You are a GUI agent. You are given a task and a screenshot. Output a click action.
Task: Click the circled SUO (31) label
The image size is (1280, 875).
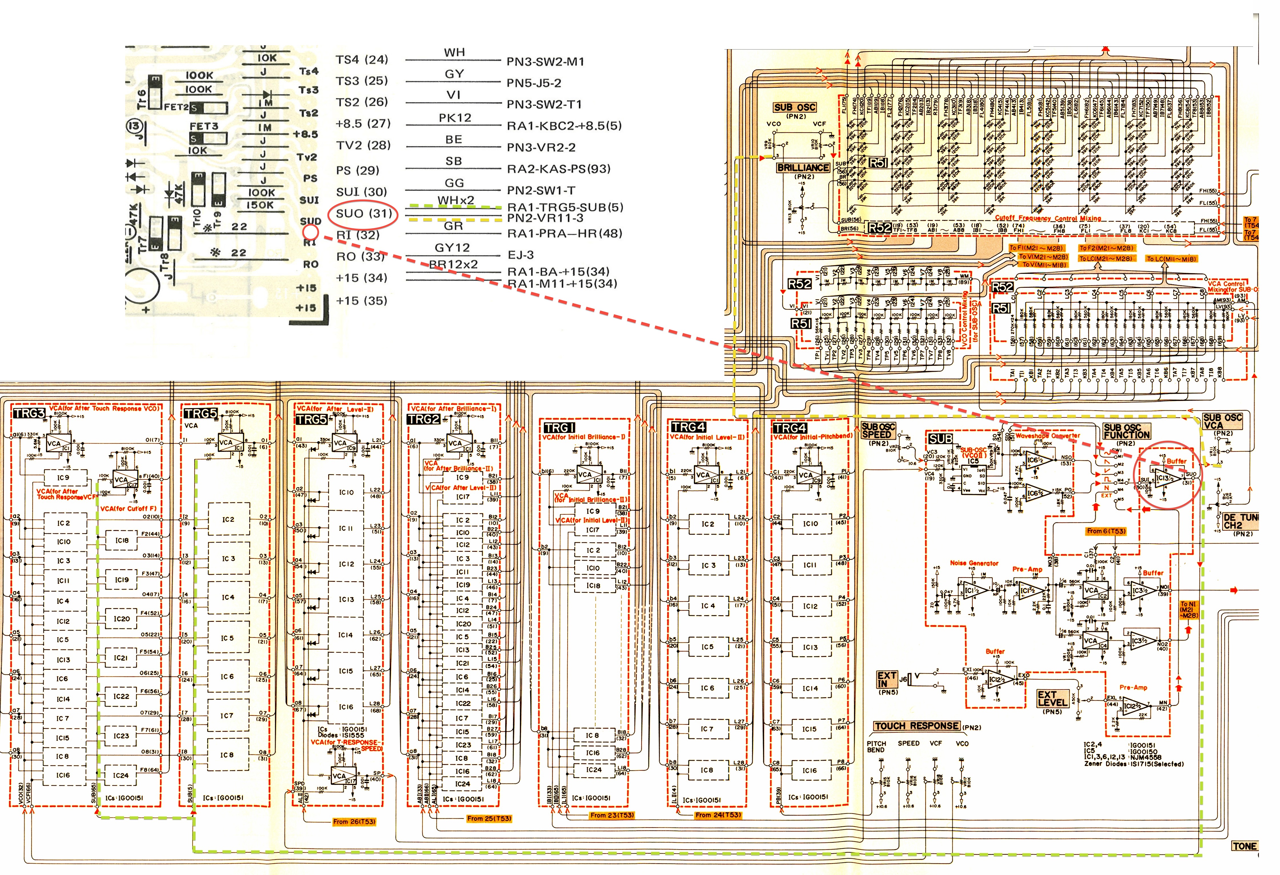pos(364,213)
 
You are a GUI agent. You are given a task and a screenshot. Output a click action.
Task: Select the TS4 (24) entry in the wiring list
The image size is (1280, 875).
pos(362,59)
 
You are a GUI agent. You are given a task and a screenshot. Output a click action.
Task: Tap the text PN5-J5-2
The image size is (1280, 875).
pos(534,83)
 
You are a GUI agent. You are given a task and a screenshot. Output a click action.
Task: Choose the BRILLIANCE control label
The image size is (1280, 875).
pos(802,167)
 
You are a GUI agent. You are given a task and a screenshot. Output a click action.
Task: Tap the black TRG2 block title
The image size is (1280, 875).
pos(423,419)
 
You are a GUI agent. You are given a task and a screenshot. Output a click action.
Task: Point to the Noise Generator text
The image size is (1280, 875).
pos(974,563)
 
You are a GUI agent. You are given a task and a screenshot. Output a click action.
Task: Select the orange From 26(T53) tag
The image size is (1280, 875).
pos(354,822)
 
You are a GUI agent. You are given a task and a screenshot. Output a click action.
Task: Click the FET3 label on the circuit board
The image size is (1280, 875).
pos(204,127)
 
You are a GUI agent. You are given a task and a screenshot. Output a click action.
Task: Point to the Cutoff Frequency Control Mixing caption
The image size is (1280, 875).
pos(1047,218)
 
